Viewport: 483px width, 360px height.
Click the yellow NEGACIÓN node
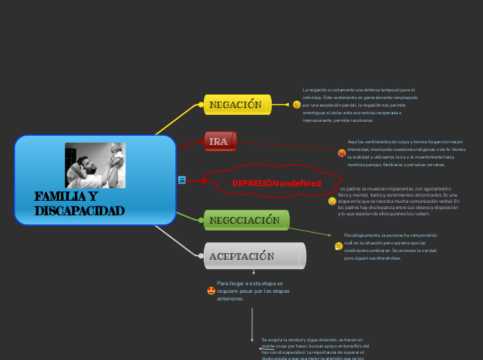[236, 105]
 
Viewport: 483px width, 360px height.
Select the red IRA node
[220, 141]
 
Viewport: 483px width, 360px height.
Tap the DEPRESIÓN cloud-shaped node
[276, 183]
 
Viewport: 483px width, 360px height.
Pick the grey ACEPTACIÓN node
[254, 256]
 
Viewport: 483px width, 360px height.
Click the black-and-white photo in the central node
[95, 165]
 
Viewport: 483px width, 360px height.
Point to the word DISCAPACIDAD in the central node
[79, 210]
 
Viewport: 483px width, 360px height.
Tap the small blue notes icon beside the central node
[182, 180]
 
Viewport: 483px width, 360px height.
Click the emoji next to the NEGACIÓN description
[297, 105]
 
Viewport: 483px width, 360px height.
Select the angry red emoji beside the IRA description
[342, 153]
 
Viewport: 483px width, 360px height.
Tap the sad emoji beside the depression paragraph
[332, 201]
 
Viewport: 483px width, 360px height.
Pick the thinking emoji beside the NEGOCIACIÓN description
[338, 246]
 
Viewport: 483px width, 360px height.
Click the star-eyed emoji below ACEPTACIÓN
[211, 291]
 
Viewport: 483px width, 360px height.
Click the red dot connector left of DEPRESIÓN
[204, 181]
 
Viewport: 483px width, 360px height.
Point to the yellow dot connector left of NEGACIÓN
[202, 105]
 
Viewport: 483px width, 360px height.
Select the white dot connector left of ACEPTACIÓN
[201, 255]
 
